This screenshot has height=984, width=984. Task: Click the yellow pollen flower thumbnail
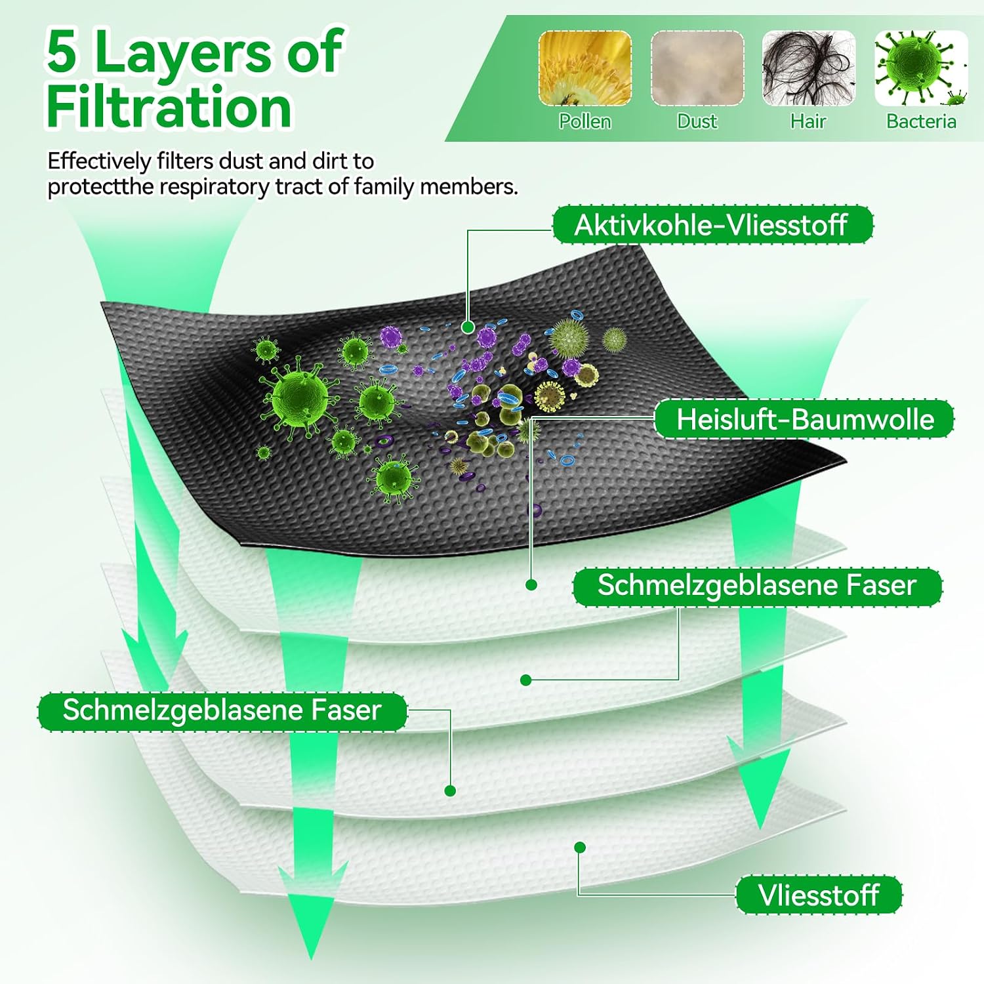585,68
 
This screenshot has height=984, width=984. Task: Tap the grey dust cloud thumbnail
697,68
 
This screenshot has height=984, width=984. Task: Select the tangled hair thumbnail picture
809,68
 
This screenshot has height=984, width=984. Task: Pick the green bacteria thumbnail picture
921,68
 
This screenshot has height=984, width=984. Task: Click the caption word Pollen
585,121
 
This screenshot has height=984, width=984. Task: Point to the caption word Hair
808,121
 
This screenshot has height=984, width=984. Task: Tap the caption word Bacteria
921,121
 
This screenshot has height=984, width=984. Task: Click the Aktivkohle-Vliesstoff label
712,225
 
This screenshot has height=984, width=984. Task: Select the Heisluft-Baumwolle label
805,419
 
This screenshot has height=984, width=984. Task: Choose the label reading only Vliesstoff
819,895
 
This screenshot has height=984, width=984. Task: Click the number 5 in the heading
62,52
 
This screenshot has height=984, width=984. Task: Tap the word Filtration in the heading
169,107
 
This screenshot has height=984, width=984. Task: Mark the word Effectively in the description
99,161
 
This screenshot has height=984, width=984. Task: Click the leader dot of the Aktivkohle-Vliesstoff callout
468,327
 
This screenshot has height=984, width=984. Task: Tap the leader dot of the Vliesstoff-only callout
579,848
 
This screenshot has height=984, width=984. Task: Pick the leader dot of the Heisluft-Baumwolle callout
531,584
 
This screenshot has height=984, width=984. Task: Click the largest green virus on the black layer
299,396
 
